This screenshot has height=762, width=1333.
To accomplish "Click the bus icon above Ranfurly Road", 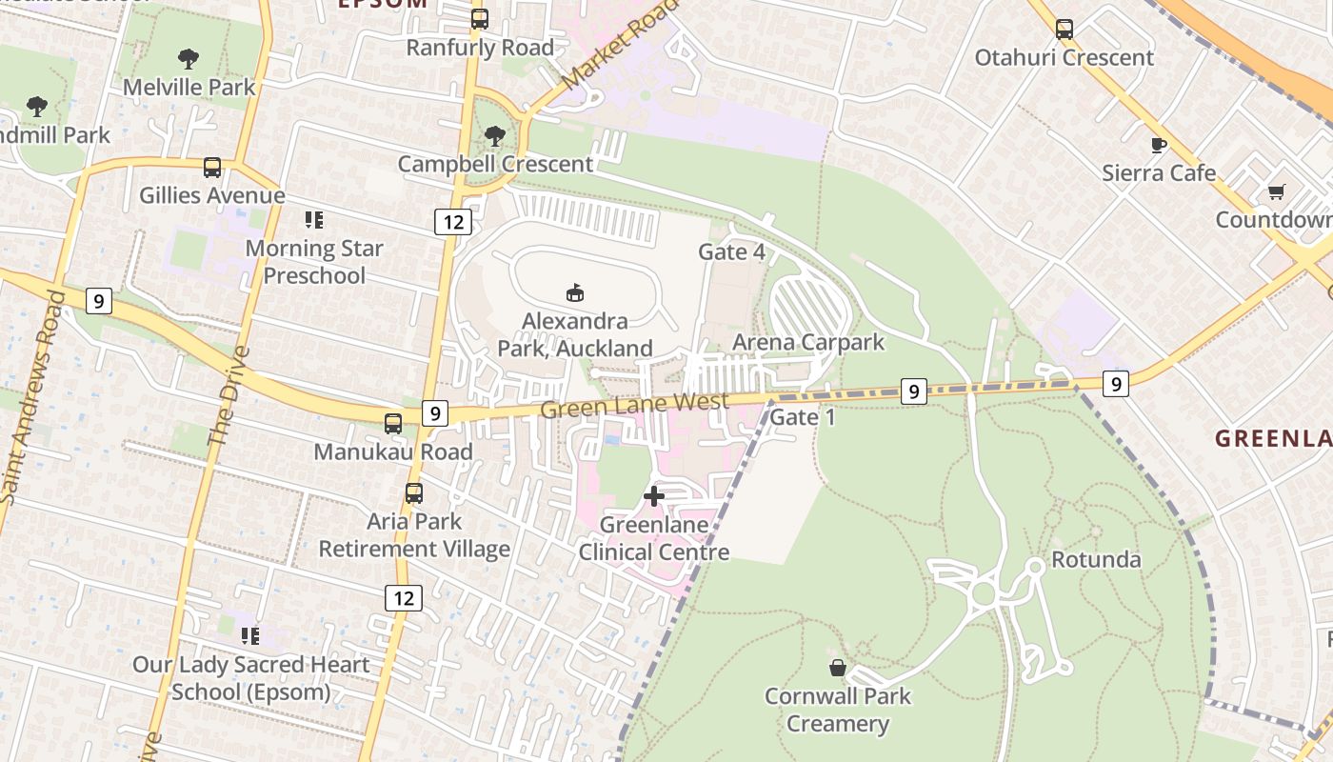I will (x=480, y=19).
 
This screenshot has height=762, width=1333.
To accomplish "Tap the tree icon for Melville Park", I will (x=189, y=59).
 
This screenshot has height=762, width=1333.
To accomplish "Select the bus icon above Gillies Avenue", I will (x=211, y=168).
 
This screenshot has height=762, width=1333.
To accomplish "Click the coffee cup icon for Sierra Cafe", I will (x=1158, y=146).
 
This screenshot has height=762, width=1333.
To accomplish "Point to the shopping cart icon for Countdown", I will (x=1276, y=192).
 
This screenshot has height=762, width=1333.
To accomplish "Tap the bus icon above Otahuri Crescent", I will (x=1064, y=30).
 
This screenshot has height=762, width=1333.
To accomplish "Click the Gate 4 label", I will (x=731, y=251).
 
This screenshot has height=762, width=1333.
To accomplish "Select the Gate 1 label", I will (x=802, y=417).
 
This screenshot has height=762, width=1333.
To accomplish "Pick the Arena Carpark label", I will (x=808, y=342).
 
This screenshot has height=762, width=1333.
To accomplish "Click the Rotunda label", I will (x=1095, y=559).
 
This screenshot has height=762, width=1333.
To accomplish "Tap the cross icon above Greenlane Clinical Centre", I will (x=654, y=496).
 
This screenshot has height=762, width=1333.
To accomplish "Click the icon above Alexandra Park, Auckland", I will (x=574, y=292).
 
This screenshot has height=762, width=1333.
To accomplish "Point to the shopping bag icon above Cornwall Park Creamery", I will (x=838, y=668).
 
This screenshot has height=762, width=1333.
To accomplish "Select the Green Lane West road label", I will (x=634, y=406).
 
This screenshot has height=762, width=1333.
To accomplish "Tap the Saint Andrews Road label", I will (x=30, y=395).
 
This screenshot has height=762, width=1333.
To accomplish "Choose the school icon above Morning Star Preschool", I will (x=314, y=221).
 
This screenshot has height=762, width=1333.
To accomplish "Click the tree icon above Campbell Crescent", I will (x=494, y=136).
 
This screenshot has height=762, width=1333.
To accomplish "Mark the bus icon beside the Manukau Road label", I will (x=392, y=424).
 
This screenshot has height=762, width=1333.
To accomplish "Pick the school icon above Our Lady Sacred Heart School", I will (x=250, y=635).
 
